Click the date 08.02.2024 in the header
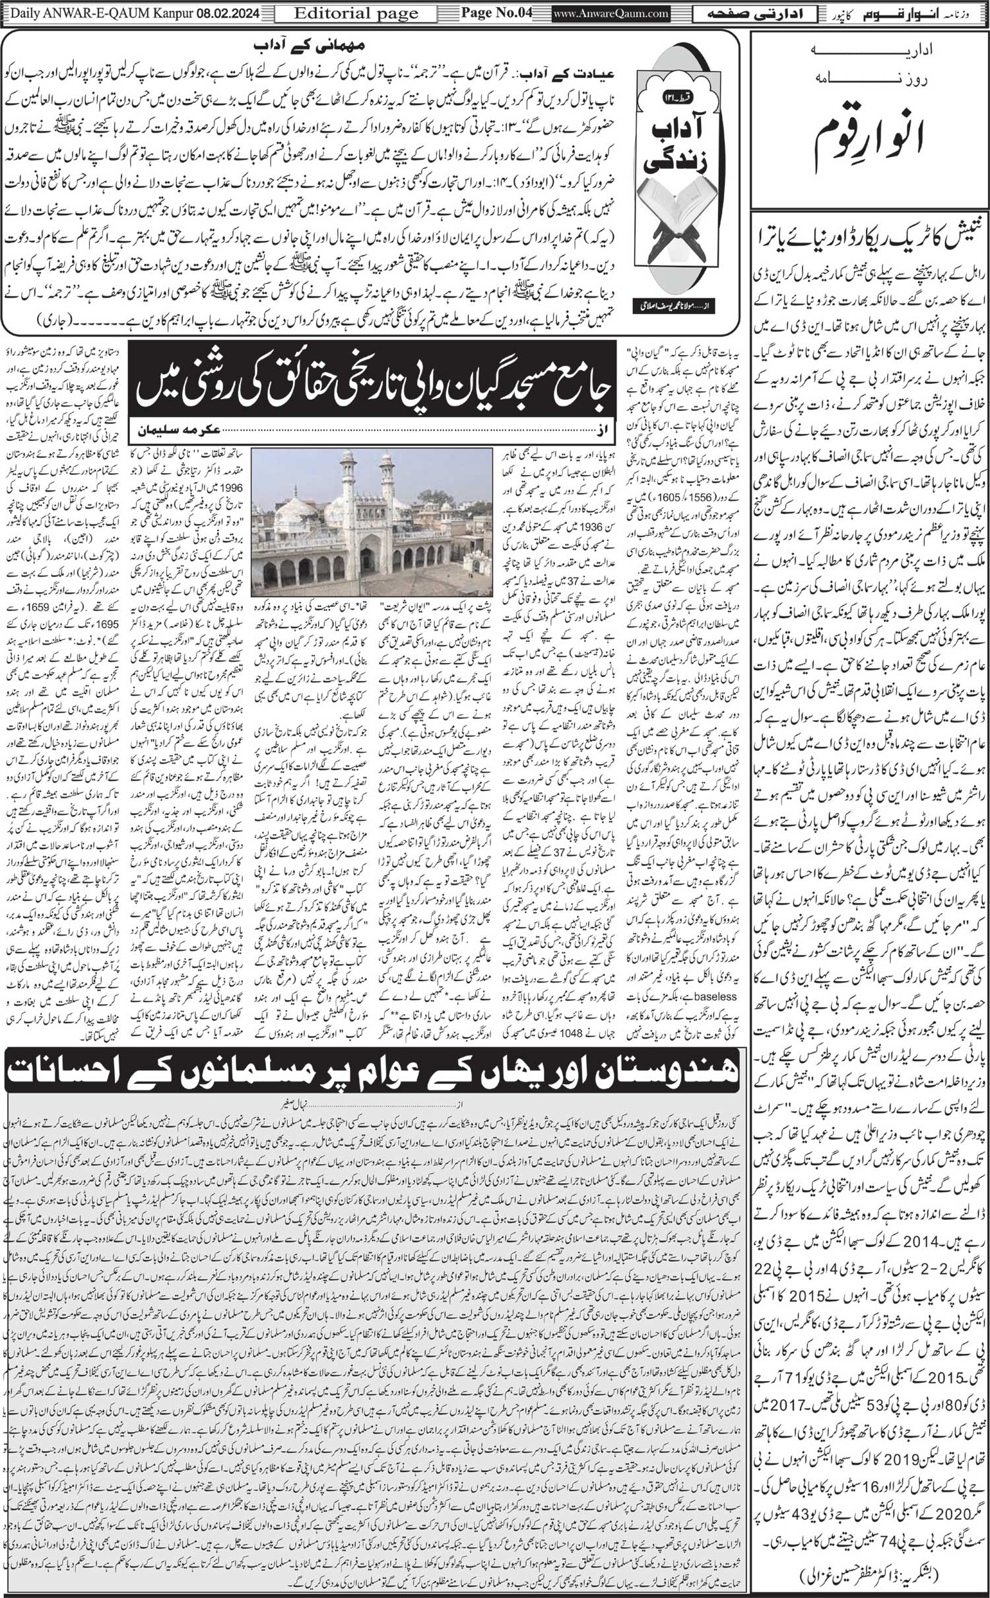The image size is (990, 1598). (228, 13)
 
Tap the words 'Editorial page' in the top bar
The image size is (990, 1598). (356, 13)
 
